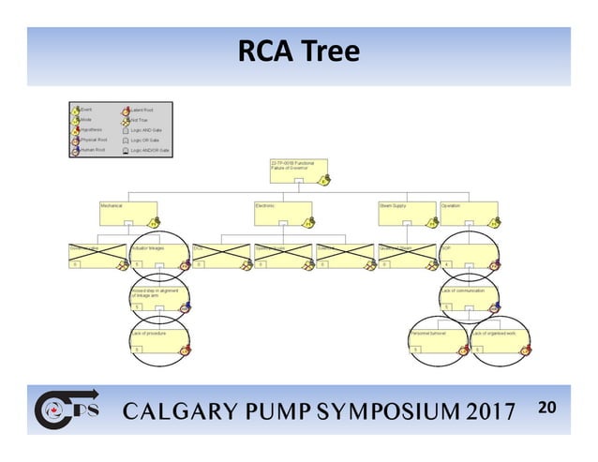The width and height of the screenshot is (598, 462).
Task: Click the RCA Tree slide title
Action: tap(298, 52)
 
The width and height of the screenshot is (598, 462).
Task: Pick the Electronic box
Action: tap(282, 215)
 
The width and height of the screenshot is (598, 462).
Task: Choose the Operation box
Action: tap(470, 215)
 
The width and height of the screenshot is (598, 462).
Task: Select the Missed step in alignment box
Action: tap(160, 300)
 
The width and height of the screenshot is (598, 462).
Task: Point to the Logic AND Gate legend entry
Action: tap(149, 129)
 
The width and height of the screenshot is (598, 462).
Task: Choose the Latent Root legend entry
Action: tap(142, 110)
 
